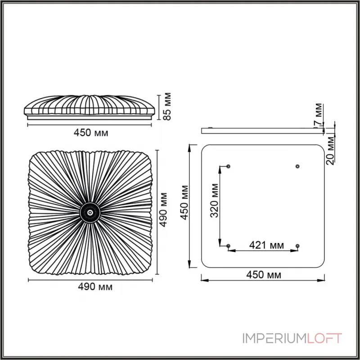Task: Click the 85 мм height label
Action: click(167, 106)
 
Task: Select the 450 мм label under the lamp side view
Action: click(91, 132)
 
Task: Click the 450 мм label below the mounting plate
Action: click(264, 274)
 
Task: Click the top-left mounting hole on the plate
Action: click(229, 166)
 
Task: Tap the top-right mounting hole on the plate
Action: click(297, 166)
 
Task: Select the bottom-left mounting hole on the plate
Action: click(229, 246)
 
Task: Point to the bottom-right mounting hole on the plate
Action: click(297, 246)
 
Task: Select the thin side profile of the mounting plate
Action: click(263, 130)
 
